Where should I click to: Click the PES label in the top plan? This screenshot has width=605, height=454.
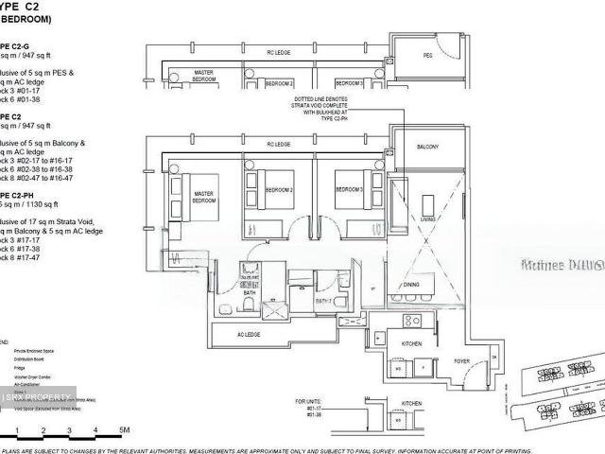[x=427, y=56]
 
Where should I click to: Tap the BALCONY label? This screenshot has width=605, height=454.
[x=427, y=148]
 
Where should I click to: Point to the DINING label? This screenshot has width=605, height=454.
[x=411, y=284]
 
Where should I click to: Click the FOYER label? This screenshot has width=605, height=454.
[x=462, y=359]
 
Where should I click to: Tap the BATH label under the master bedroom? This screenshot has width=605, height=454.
[x=250, y=292]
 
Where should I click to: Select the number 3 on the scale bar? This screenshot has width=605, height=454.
[x=69, y=431]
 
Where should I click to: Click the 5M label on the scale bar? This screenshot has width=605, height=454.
[x=123, y=431]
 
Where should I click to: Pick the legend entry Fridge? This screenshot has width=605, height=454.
[x=21, y=367]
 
